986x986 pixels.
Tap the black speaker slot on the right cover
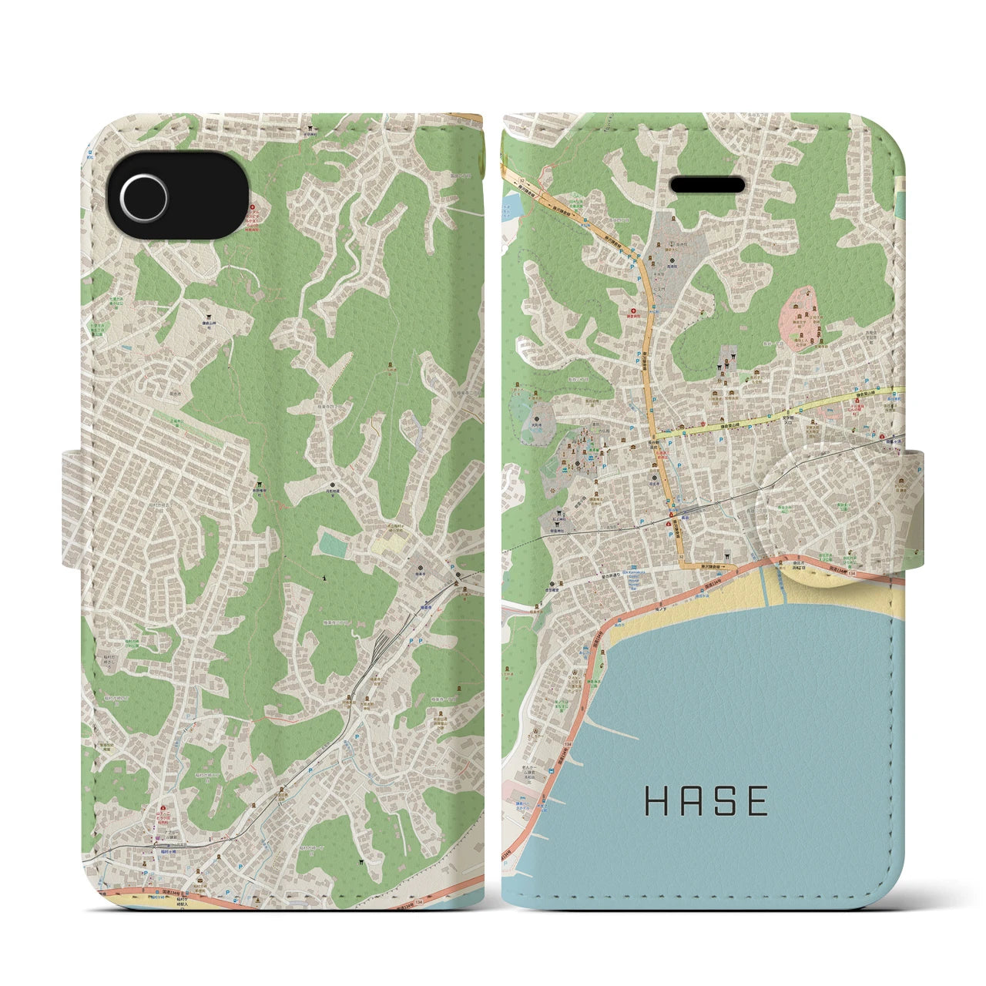(x=708, y=185)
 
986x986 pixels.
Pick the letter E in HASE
(x=757, y=801)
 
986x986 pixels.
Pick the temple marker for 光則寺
(x=536, y=397)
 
